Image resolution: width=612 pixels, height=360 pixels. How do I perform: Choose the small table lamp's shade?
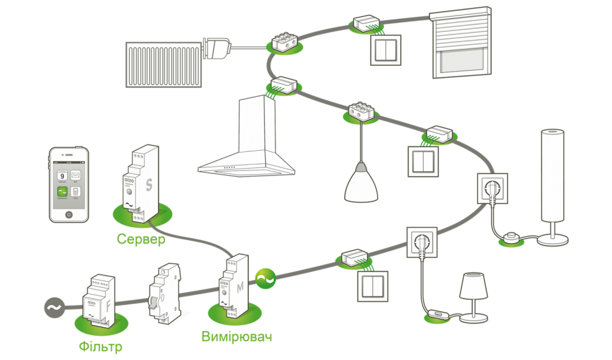tap(473, 286)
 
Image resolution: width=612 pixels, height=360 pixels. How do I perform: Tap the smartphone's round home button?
tap(69, 213)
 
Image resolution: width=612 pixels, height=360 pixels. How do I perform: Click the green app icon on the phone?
tap(62, 192)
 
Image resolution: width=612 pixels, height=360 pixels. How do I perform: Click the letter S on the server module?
tap(148, 184)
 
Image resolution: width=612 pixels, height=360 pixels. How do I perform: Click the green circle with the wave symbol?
tap(265, 277)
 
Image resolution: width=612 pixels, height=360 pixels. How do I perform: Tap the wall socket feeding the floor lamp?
tap(492, 188)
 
